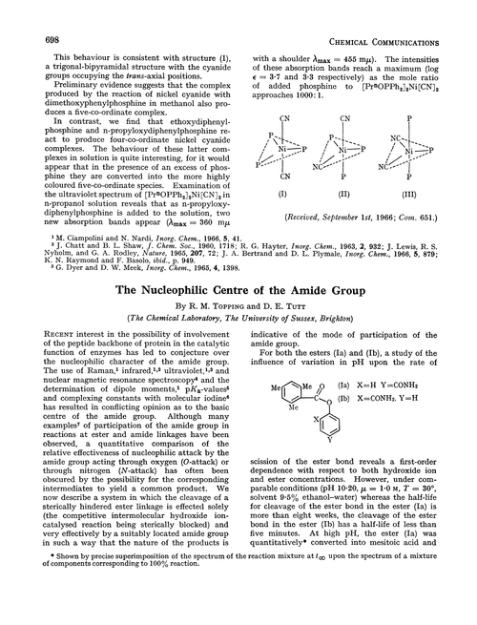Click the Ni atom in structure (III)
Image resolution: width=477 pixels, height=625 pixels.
[412, 148]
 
